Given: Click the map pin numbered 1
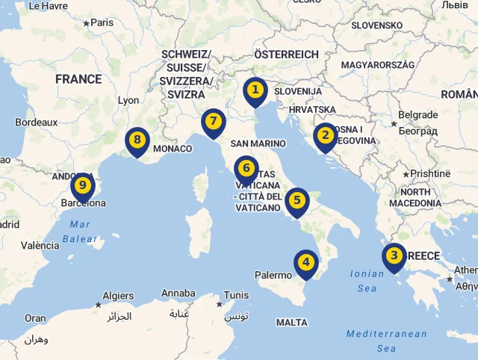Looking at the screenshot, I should coord(255,91).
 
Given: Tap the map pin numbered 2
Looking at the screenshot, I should coord(325,136).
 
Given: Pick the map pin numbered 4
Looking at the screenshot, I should coord(305,262).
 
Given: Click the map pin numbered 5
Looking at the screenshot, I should coord(297,200).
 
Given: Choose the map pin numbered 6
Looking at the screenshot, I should coord(246,170).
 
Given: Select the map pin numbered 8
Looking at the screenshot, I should coord(137,140).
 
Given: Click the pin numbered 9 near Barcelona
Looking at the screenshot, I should coord(83,185).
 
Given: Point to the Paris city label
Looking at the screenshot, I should coord(102,22).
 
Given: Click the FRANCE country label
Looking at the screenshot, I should coord(78,79).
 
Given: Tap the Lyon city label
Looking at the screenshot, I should coord(128,100).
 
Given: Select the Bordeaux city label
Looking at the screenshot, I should coord(37,122).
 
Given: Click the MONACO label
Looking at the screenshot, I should coord(173,149).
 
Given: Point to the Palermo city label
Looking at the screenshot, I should coord(273,275).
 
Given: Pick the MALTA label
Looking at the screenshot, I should coord(291,323).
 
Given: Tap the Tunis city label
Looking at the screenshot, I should coord(236,295).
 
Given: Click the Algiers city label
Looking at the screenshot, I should coord(118,296).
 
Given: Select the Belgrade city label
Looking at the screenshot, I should coord(418,115).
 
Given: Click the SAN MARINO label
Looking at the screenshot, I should coord(258,143).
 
